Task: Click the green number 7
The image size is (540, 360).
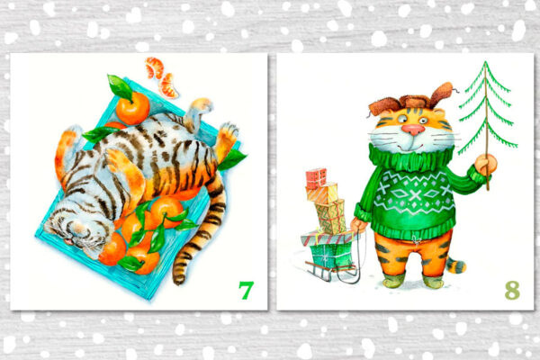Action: [247, 290]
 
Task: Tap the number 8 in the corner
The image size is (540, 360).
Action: [512, 290]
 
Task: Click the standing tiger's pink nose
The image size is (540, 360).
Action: [413, 130]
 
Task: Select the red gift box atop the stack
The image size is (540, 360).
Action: [316, 178]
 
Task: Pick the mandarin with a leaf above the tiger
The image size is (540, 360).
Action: [132, 107]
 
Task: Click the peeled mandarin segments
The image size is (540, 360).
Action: [162, 77]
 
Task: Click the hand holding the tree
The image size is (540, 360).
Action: [486, 165]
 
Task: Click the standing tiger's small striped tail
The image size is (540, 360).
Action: [455, 265]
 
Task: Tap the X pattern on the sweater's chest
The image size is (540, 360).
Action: [415, 195]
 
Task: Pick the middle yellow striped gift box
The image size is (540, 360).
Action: [321, 193]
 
